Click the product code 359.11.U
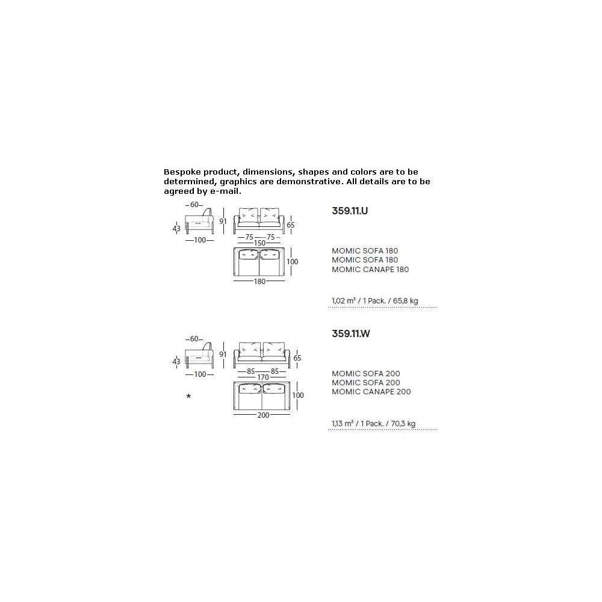[350, 211]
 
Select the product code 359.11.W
[351, 334]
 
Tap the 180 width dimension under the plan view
[259, 281]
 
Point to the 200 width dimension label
[263, 415]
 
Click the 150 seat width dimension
[259, 243]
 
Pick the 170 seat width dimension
[263, 377]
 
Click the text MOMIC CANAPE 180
[370, 270]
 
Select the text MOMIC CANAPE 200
[371, 392]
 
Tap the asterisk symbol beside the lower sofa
[188, 396]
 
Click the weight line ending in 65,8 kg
[374, 300]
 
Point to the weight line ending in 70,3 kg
[374, 423]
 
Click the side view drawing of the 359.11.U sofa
[199, 221]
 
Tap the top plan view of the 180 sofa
[259, 262]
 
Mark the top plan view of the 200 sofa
[262, 396]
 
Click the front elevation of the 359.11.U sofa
[259, 221]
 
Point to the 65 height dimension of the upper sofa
[291, 225]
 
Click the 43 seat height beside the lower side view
[176, 362]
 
